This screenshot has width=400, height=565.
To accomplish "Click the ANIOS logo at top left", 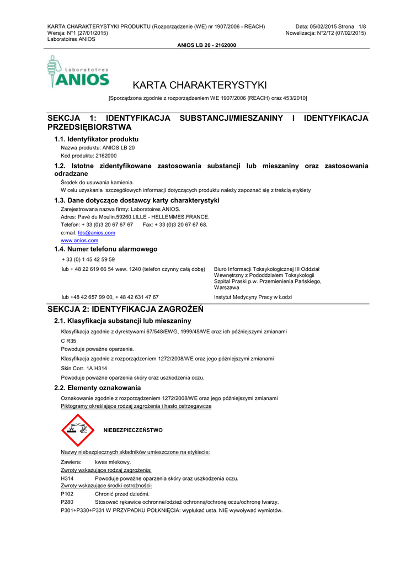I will coord(78,72).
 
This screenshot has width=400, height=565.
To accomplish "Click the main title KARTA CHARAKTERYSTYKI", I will coord(200,85).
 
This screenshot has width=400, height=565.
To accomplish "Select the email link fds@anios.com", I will coord(97,233).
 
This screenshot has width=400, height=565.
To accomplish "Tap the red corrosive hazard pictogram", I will coord(78,430).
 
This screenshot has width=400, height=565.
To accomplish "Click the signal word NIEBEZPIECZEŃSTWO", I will coord(133,430).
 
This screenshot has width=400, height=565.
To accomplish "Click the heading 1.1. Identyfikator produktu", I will coord(97,139).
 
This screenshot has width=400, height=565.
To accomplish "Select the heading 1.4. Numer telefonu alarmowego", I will coord(106,249).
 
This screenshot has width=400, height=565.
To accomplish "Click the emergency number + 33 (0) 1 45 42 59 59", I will coord(88,259).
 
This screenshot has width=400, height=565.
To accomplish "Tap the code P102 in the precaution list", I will coord(67,494).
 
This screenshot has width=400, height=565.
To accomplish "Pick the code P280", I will coord(67,502).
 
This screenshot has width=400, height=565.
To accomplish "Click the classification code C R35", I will coord(68,341).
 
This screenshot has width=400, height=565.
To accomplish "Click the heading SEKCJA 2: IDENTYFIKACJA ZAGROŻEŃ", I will coord(126,309).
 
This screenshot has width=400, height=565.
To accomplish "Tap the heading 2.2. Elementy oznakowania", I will coord(98,388).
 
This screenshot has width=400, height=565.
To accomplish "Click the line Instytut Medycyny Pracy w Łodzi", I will coord(253,297).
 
